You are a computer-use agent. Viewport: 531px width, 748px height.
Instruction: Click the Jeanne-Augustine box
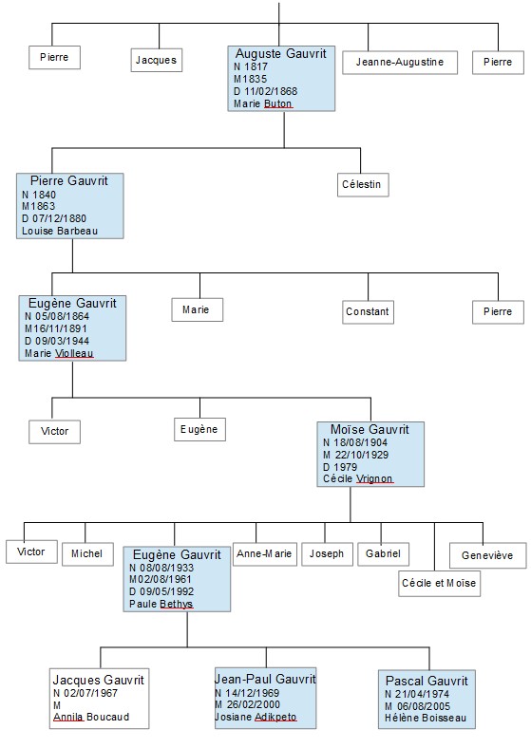pyautogui.click(x=400, y=62)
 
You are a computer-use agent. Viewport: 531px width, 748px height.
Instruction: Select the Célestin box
pyautogui.click(x=362, y=184)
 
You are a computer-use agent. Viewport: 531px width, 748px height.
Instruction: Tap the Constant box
pyautogui.click(x=368, y=312)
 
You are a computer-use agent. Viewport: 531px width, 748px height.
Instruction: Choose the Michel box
pyautogui.click(x=87, y=553)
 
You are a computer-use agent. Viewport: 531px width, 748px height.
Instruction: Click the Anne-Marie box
pyautogui.click(x=264, y=553)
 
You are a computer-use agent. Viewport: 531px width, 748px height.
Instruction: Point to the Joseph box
pyautogui.click(x=327, y=553)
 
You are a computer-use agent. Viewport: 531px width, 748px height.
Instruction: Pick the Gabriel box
pyautogui.click(x=383, y=553)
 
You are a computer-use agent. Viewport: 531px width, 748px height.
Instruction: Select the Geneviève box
pyautogui.click(x=487, y=555)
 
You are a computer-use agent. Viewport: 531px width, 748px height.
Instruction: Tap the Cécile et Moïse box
pyautogui.click(x=439, y=583)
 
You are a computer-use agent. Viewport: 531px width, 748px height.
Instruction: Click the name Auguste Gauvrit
pyautogui.click(x=281, y=53)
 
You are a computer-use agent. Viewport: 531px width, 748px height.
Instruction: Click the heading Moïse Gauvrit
pyautogui.click(x=370, y=429)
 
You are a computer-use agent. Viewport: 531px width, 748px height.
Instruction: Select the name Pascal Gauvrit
pyautogui.click(x=427, y=681)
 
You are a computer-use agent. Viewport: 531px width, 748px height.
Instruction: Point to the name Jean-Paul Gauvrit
pyautogui.click(x=265, y=679)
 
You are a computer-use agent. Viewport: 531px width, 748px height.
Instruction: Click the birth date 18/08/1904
pyautogui.click(x=360, y=442)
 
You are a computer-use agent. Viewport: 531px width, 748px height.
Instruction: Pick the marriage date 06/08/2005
pyautogui.click(x=424, y=706)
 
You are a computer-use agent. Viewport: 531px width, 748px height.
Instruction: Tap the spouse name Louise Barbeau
pyautogui.click(x=60, y=231)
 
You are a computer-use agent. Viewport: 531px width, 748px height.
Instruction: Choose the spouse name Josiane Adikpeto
pyautogui.click(x=256, y=717)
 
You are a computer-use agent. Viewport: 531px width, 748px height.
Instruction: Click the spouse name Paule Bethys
pyautogui.click(x=161, y=605)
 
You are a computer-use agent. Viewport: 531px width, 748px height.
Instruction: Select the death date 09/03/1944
pyautogui.click(x=62, y=341)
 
